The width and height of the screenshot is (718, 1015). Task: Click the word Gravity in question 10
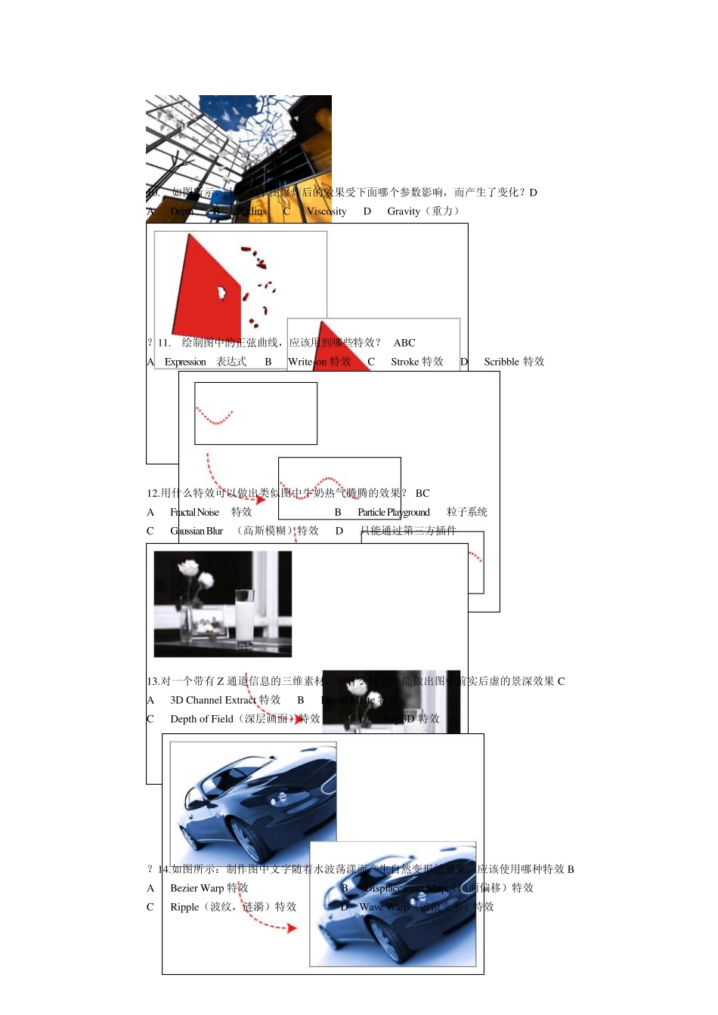404,211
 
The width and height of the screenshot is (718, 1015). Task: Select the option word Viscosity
327,211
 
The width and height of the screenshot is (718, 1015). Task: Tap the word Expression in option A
185,362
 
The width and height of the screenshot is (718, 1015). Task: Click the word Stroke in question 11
405,362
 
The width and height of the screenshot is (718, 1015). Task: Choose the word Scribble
502,362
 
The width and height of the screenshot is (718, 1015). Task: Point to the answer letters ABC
404,343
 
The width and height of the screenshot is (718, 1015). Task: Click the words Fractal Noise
195,512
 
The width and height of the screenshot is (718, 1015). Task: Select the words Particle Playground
394,512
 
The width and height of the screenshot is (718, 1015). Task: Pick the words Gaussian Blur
197,531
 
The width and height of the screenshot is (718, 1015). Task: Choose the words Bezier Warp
197,888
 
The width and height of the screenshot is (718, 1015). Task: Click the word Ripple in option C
184,907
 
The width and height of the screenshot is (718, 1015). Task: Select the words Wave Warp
384,907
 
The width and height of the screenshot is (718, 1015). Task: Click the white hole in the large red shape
222,292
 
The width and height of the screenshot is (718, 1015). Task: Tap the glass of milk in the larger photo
244,615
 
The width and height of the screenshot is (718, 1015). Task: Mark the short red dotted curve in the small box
215,418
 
